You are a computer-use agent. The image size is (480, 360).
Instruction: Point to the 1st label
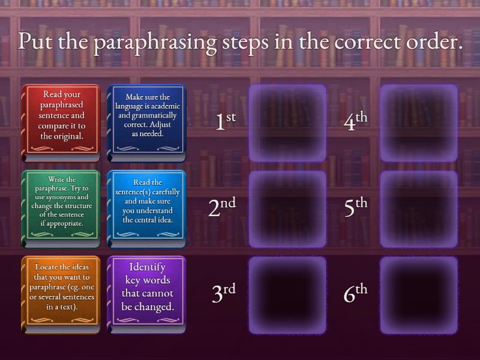coord(225,121)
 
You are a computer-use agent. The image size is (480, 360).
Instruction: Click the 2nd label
coord(222,207)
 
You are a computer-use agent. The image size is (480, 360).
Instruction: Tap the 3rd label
coord(224,293)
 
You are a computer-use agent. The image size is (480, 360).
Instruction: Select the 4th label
coord(355,121)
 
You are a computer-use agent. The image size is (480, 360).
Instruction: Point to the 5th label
coord(355,207)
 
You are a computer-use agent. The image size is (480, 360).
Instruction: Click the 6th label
coord(355,293)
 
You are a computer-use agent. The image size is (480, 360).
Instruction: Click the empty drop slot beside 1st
coord(287,123)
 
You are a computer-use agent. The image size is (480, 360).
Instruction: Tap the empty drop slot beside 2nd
coord(287,209)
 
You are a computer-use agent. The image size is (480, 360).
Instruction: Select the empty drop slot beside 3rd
coord(287,295)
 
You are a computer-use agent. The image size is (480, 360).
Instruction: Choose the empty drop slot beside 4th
coord(419,123)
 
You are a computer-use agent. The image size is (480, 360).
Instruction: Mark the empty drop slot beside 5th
coord(419,209)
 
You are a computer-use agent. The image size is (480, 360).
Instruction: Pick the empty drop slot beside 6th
coord(419,295)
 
